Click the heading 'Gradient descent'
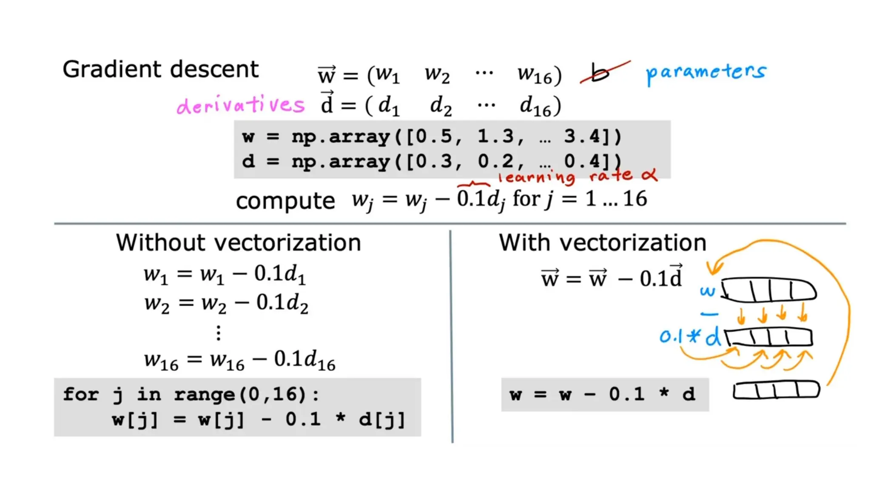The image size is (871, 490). tap(160, 69)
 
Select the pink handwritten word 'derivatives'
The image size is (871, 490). tap(241, 105)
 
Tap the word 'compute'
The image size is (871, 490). tap(285, 200)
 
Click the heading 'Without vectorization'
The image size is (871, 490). tap(239, 243)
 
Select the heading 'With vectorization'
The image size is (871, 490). tap(602, 243)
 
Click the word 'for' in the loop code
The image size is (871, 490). tap(81, 394)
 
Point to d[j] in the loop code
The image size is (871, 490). tap(382, 420)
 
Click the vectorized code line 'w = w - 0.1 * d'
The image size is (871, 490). tap(602, 394)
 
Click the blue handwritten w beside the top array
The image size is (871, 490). tap(708, 292)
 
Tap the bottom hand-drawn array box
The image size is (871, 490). tap(776, 390)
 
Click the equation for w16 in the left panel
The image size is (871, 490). tap(239, 360)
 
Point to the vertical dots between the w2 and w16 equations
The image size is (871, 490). tap(219, 333)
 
